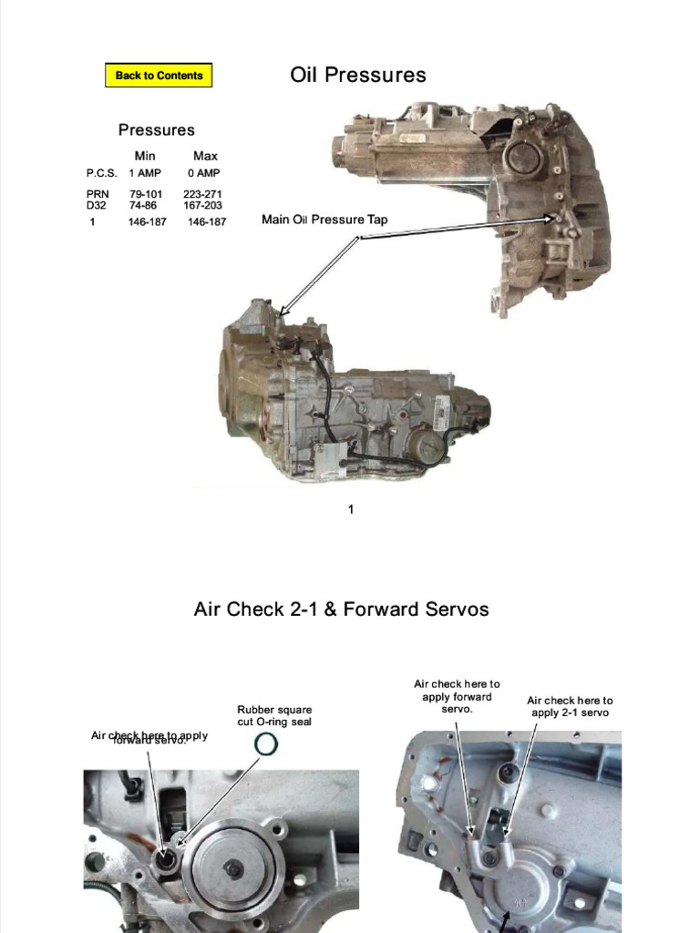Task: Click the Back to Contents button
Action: coord(159,76)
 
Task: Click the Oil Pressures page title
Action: coord(358,75)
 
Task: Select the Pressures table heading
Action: coord(156,130)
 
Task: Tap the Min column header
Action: coord(145,156)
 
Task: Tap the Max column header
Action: coord(205,156)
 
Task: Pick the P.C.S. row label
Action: coord(101,173)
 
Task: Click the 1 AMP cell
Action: coord(144,173)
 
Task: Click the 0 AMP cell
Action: coord(204,173)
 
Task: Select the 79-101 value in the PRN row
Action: coord(146,194)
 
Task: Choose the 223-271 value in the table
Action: coord(202,194)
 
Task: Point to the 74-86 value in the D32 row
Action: coord(143,206)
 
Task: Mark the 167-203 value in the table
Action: coord(202,206)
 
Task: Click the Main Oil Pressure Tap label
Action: coord(324,220)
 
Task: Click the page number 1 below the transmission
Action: coord(350,509)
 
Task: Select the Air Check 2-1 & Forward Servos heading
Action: coord(341,609)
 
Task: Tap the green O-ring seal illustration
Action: coord(265,745)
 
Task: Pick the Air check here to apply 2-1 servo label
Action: coord(570,706)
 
